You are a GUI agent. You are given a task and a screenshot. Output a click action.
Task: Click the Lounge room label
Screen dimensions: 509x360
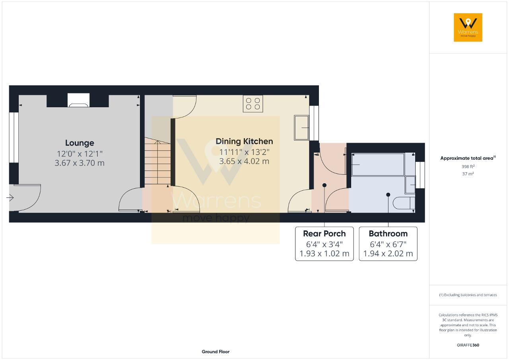click(80, 143)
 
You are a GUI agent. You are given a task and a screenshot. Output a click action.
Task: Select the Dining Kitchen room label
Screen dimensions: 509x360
click(244, 141)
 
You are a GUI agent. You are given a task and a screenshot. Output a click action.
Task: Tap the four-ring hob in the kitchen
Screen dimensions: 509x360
click(253, 104)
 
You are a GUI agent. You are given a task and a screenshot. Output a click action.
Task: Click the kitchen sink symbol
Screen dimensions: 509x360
click(301, 128)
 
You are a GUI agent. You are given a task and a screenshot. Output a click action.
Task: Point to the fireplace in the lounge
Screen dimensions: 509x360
click(78, 100)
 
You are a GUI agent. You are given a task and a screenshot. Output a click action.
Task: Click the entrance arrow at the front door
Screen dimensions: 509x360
click(10, 198)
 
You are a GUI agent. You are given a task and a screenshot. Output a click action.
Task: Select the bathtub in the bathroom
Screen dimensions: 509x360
click(378, 165)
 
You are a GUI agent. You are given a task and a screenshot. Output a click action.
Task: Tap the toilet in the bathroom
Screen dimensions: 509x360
click(404, 203)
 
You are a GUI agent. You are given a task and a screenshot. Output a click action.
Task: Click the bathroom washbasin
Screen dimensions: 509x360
click(410, 185)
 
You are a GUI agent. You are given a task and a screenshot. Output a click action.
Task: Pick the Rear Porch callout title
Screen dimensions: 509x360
click(324, 234)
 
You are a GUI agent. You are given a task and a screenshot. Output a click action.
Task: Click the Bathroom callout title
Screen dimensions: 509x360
click(388, 234)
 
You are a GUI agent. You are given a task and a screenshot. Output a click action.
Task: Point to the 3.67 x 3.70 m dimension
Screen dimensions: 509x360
click(80, 163)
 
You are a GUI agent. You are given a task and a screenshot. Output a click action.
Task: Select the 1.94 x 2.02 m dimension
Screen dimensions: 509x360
click(388, 254)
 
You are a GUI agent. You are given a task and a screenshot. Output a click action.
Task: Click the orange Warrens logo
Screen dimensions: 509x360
click(468, 27)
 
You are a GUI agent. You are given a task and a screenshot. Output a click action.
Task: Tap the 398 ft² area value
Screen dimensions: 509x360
click(468, 166)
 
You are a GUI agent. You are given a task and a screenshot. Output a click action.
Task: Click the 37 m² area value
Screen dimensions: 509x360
click(468, 174)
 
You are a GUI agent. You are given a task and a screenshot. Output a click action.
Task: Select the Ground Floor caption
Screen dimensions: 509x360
click(216, 352)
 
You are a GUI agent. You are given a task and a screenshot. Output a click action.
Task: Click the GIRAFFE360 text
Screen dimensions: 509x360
click(468, 345)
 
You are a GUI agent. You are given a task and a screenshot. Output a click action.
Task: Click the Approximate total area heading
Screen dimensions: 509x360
click(468, 158)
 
